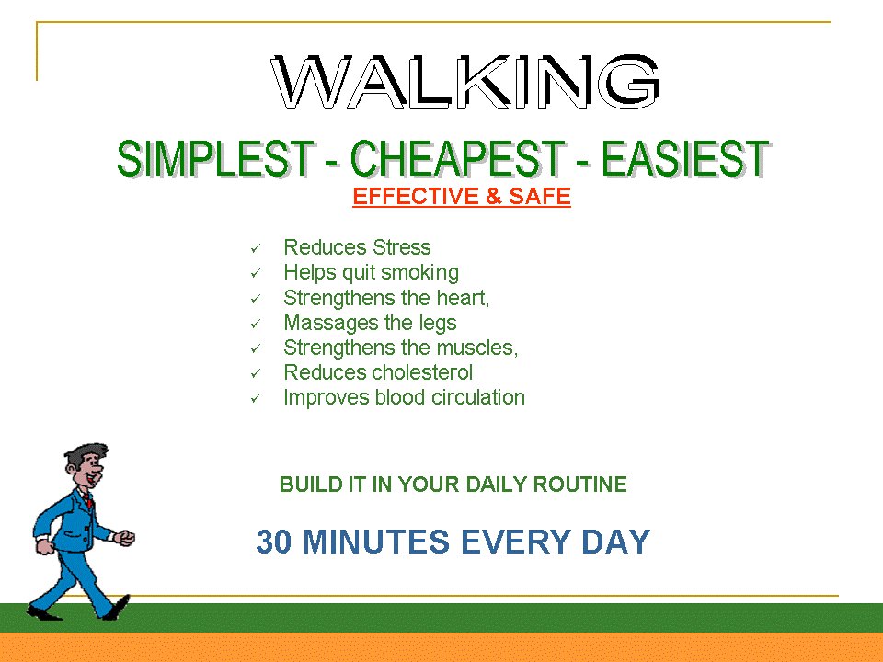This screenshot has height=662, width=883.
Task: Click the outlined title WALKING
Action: [x=465, y=82]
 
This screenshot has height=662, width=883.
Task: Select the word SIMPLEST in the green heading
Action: [x=215, y=159]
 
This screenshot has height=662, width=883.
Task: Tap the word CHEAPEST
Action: [x=458, y=159]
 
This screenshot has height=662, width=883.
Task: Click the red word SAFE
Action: [x=540, y=197]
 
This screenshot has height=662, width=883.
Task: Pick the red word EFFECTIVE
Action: [x=416, y=197]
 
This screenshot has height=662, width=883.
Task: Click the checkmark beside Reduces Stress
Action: [x=256, y=248]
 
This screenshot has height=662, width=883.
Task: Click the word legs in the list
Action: [x=438, y=324]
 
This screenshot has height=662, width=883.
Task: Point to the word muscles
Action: [x=476, y=348]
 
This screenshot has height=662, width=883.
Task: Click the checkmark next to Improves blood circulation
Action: [x=256, y=398]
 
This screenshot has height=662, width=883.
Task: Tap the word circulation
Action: [x=478, y=397]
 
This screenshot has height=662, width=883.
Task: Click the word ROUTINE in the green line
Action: [x=580, y=485]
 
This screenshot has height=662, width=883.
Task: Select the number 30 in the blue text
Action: [x=274, y=542]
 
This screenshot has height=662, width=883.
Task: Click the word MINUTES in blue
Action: [x=376, y=542]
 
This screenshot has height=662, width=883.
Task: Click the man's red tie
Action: [x=89, y=500]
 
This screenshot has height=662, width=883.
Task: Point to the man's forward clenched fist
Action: [x=125, y=538]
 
